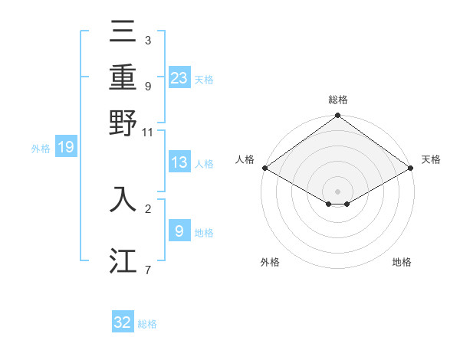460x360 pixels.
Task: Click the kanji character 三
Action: pyautogui.click(x=123, y=32)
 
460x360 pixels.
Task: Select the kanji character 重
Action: pyautogui.click(x=123, y=77)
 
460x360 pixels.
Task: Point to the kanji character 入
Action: pyautogui.click(x=123, y=198)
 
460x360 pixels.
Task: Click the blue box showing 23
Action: pyautogui.click(x=179, y=77)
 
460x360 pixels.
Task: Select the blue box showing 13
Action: pyautogui.click(x=179, y=162)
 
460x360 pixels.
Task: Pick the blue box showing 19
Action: pyautogui.click(x=66, y=147)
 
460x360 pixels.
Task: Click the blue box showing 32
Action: pyautogui.click(x=123, y=322)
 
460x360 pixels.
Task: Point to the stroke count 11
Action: pyautogui.click(x=148, y=133)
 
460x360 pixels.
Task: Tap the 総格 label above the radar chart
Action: pyautogui.click(x=338, y=100)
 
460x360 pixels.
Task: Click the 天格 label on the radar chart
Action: pyautogui.click(x=431, y=159)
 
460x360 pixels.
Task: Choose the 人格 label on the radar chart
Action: pyautogui.click(x=245, y=159)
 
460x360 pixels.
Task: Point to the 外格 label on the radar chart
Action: pyautogui.click(x=270, y=263)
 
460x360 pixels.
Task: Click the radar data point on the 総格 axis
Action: pyautogui.click(x=338, y=116)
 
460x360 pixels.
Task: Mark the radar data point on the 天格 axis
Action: pyautogui.click(x=411, y=168)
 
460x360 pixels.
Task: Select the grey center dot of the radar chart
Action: pyautogui.click(x=338, y=191)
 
